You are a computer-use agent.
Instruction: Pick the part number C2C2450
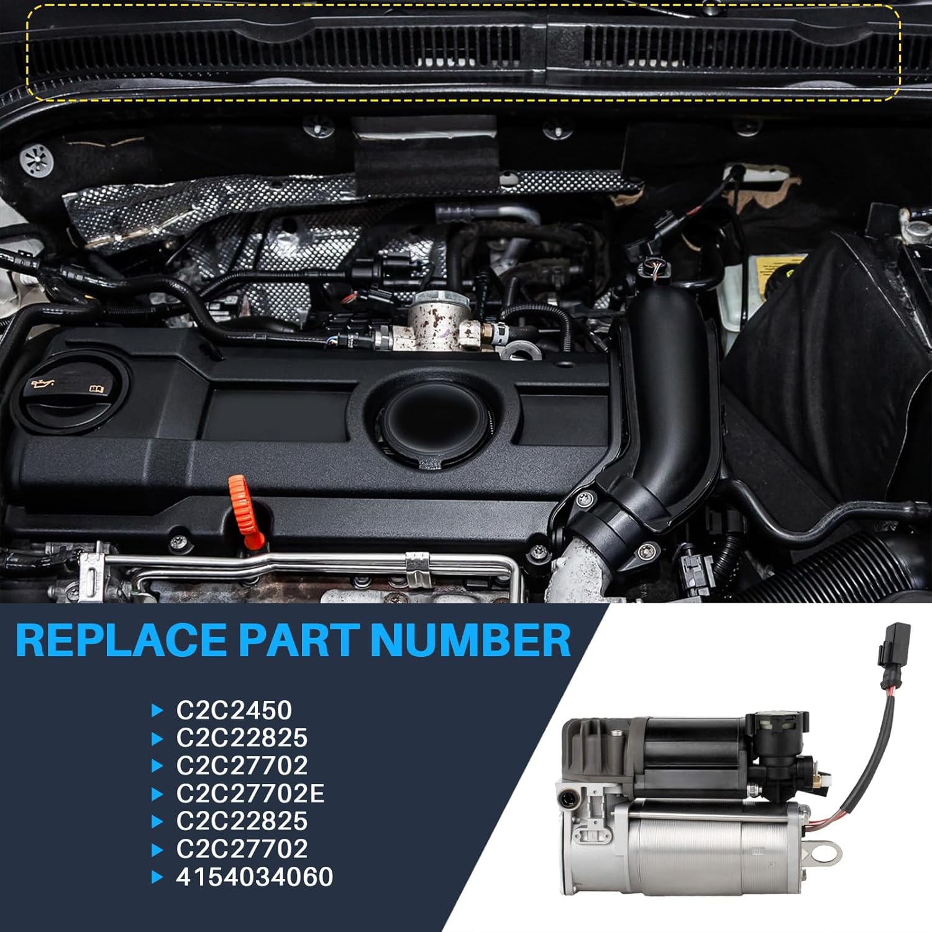[234, 710]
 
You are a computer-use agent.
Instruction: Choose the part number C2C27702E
[250, 793]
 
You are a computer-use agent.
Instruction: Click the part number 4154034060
[255, 877]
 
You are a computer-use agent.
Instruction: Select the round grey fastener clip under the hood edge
[37, 162]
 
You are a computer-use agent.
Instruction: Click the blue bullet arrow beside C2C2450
[158, 710]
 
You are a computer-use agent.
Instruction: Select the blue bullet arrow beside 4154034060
[158, 877]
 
